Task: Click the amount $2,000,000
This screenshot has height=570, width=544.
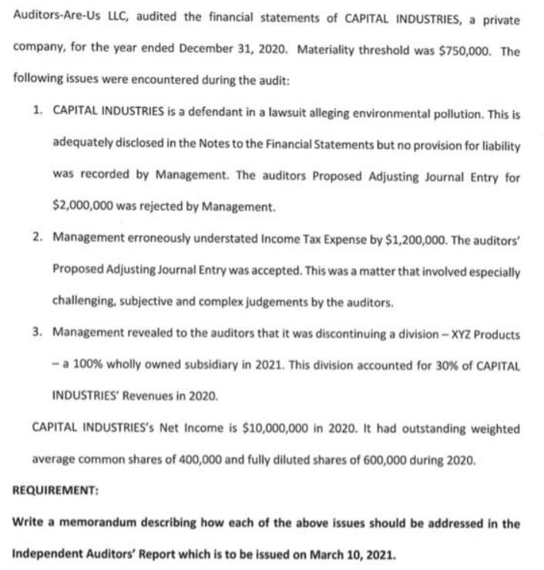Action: click(x=82, y=207)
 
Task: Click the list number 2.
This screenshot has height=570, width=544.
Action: click(x=37, y=239)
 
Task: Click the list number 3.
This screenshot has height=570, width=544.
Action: click(x=37, y=334)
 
